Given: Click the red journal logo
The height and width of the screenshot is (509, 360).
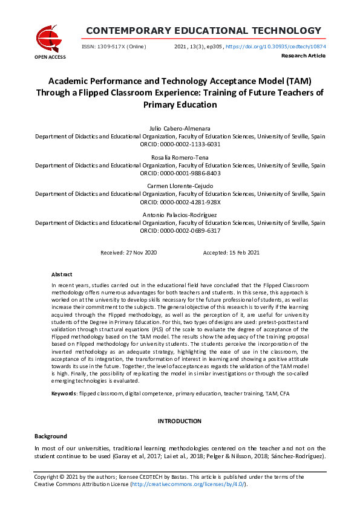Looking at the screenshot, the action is pos(50,37).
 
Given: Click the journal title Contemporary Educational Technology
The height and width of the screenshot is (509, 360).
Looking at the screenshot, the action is pos(203,31).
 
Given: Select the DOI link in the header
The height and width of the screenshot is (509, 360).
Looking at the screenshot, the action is pos(275,46).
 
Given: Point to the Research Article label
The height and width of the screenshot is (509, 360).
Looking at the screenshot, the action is pos(303,56).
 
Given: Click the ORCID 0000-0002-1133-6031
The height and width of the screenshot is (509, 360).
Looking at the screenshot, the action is pos(189,144).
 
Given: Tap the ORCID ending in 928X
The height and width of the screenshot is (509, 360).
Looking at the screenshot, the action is pos(189,202).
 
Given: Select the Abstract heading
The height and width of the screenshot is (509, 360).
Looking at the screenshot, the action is pos(62,274).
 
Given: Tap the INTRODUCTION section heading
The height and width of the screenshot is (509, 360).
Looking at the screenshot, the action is pos(180,421).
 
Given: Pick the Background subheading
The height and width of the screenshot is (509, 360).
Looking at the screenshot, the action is pos(51,435).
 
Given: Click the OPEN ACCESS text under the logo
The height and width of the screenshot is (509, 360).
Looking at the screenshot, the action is pos(50,57).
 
